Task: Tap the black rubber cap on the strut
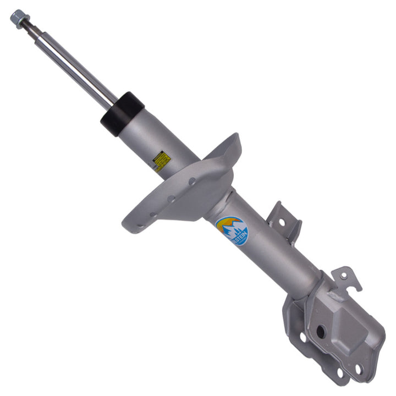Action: coord(122,113)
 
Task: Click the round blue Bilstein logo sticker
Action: coord(232,230)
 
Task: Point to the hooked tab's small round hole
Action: coord(344,277)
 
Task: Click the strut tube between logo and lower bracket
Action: coord(275,258)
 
